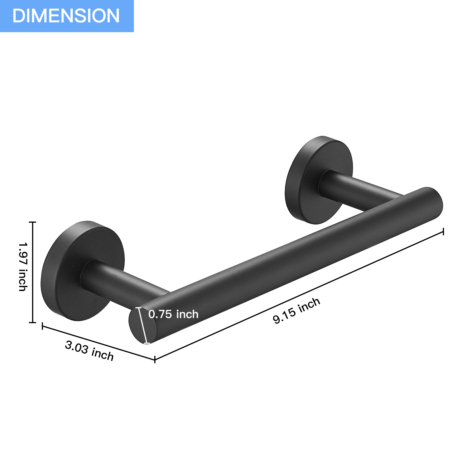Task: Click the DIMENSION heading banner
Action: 67,16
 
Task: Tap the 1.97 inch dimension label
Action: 23,267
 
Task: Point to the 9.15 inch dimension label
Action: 296,310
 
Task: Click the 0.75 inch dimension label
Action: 173,314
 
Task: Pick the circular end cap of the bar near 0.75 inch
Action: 143,325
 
